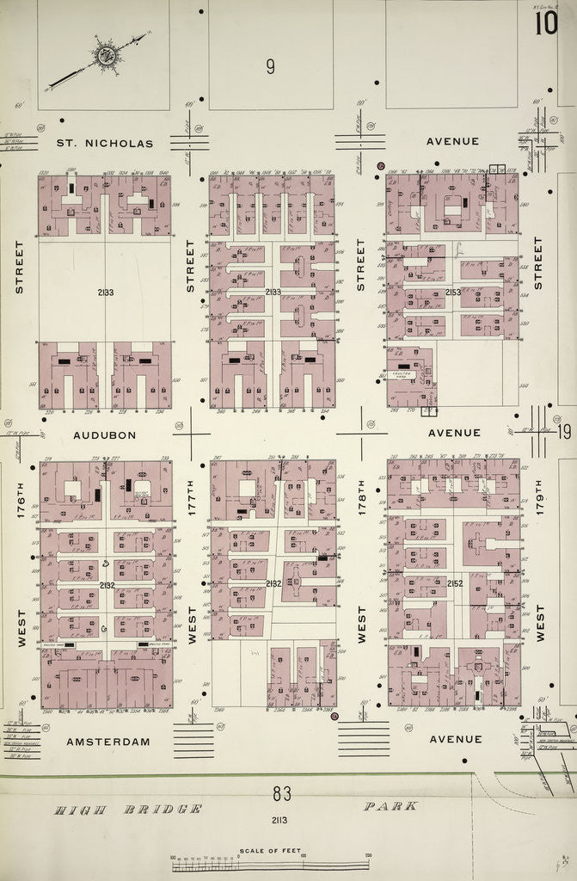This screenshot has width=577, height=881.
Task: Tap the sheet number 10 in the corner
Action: (x=545, y=23)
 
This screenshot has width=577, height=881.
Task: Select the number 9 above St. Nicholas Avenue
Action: (x=270, y=67)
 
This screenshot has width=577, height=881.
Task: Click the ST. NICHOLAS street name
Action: (x=105, y=143)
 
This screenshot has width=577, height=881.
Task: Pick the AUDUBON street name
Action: (x=104, y=435)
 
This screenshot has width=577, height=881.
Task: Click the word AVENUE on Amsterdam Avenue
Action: (x=456, y=739)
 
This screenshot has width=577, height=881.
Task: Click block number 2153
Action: (x=454, y=293)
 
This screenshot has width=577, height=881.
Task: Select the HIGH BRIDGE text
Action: (x=128, y=809)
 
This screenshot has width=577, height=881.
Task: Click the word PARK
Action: (x=390, y=806)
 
